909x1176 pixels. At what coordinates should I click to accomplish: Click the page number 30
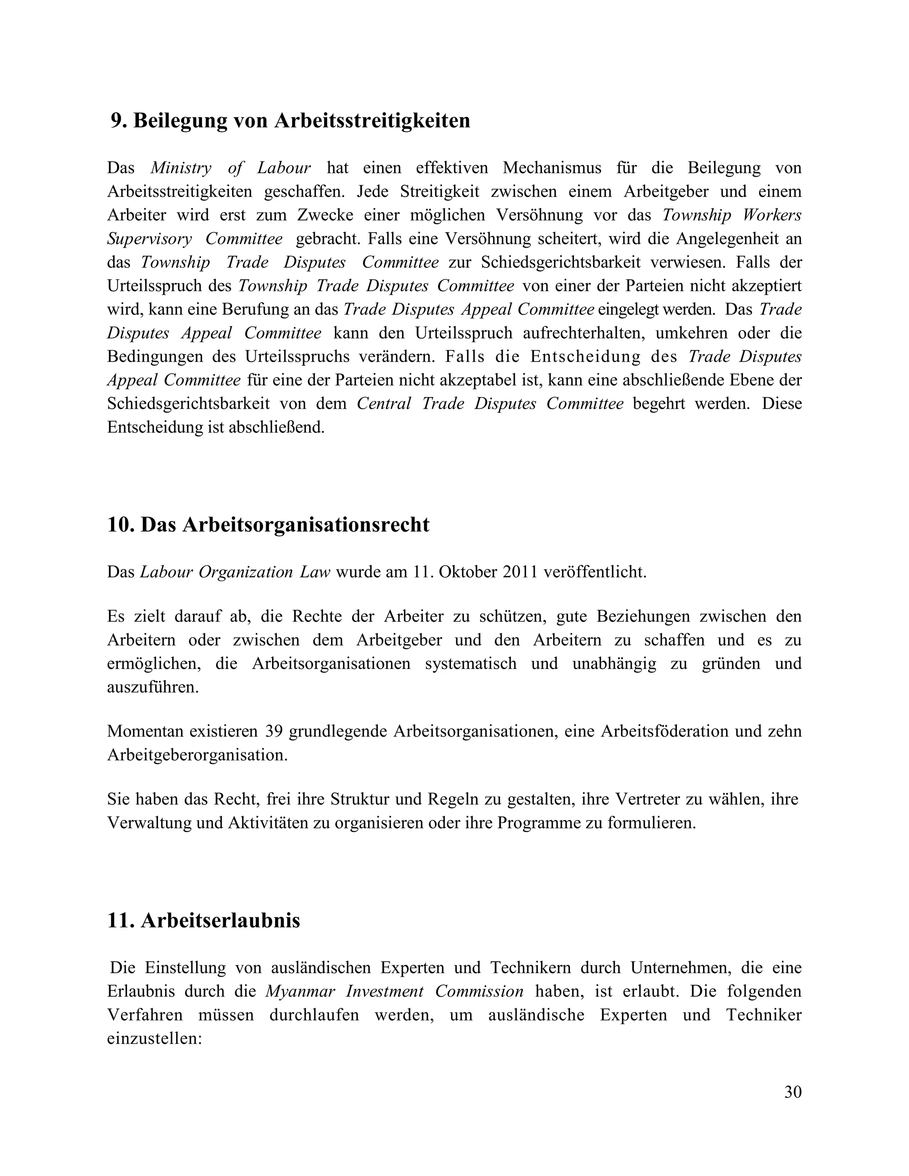pyautogui.click(x=793, y=1092)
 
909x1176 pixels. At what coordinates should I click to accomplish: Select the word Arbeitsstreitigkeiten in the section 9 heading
pyautogui.click(x=372, y=121)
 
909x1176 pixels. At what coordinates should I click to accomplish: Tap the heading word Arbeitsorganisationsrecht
pyautogui.click(x=305, y=525)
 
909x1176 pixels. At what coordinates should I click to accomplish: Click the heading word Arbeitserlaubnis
pyautogui.click(x=220, y=920)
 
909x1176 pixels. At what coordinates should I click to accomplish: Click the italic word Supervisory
pyautogui.click(x=149, y=239)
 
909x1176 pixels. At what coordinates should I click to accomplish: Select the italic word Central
pyautogui.click(x=384, y=403)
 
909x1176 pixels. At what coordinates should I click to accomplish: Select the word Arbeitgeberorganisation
pyautogui.click(x=197, y=755)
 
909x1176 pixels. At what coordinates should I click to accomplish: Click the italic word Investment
pyautogui.click(x=384, y=991)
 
